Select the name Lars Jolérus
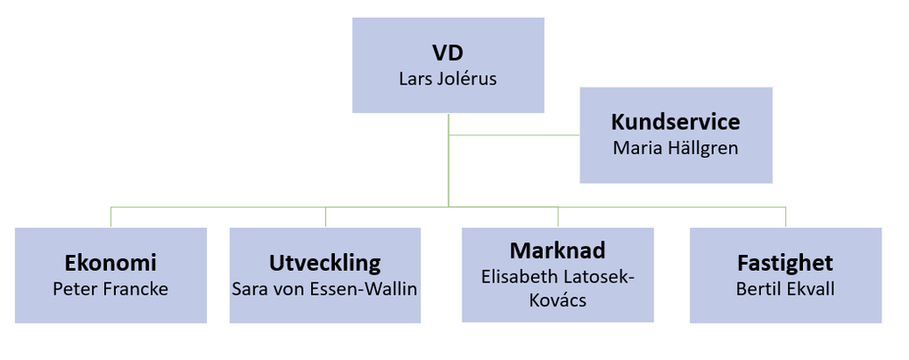tap(447, 78)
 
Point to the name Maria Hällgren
tap(676, 147)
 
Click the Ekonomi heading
tap(111, 263)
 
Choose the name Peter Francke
tap(111, 289)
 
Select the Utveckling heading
tap(325, 263)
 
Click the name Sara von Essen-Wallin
tap(325, 289)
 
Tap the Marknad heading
tap(557, 250)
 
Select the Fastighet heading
tap(785, 263)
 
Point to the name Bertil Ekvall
tap(785, 289)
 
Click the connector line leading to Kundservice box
tap(514, 135)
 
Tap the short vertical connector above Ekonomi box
tap(111, 217)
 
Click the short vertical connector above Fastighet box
tap(785, 217)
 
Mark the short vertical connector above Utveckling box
tap(325, 217)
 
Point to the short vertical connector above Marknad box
tap(558, 217)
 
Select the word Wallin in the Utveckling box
tap(393, 289)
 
